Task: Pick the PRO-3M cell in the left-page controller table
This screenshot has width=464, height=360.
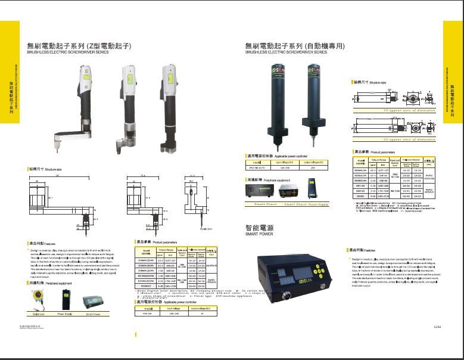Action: pos(150,315)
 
